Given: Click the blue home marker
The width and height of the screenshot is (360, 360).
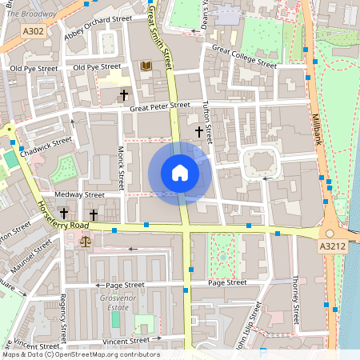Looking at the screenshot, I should tap(180, 173).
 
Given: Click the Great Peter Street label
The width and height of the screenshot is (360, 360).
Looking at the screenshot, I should tap(160, 105).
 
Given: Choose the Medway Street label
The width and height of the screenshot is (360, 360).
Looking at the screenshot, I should tap(79, 194).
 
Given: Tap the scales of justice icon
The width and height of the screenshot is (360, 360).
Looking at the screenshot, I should tap(86, 239).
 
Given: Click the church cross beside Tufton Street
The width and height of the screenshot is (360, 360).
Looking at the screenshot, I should tap(198, 130).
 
